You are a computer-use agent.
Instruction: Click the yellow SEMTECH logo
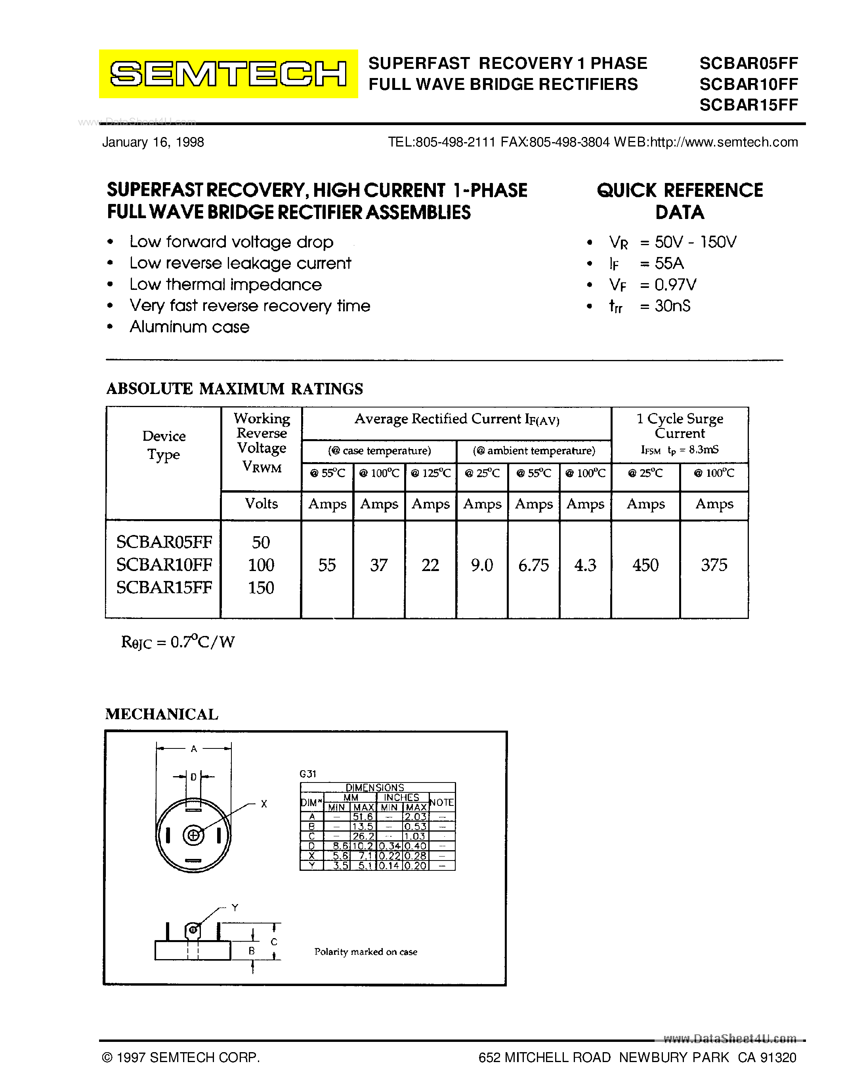click(228, 74)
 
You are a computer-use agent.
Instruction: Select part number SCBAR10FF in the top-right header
click(748, 84)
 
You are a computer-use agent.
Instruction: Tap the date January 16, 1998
click(153, 142)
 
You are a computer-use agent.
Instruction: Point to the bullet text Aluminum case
click(189, 327)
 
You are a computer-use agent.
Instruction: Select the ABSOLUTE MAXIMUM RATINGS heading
click(235, 388)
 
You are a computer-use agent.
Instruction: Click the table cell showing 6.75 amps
click(533, 565)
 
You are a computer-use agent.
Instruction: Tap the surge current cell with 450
click(645, 565)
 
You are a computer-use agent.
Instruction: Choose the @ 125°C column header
click(430, 473)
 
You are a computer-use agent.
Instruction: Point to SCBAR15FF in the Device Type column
click(164, 587)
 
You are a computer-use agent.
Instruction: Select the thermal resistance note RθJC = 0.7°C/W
click(178, 642)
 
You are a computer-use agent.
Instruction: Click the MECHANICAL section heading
click(162, 714)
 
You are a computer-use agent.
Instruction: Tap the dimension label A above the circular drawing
click(194, 748)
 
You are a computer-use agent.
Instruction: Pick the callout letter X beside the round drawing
click(264, 804)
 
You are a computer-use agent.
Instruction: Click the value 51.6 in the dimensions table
click(363, 817)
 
